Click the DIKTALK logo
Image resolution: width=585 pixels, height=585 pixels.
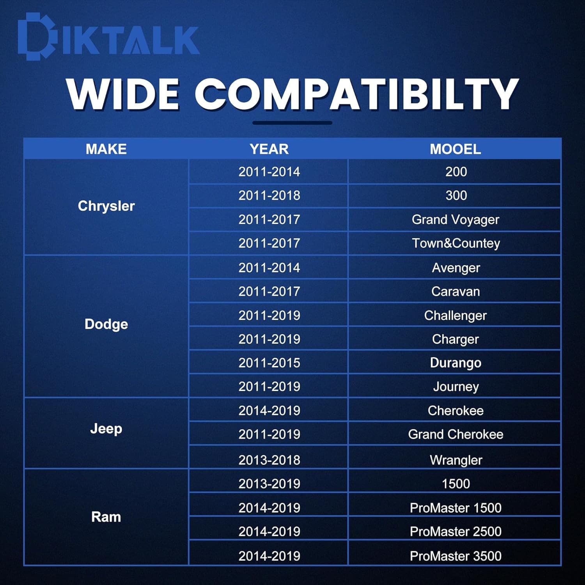[109, 37]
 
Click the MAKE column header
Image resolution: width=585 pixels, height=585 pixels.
[106, 149]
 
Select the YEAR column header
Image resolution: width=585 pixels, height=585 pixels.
[269, 149]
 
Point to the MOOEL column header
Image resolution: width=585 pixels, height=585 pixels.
[455, 149]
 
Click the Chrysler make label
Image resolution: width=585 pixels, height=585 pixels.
[106, 206]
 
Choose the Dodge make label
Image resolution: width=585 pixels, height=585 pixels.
[106, 324]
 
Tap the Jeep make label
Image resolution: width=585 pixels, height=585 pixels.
[106, 429]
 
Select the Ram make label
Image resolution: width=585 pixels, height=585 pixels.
[106, 517]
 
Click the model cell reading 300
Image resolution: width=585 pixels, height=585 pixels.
[456, 195]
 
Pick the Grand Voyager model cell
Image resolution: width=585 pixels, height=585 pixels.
[456, 220]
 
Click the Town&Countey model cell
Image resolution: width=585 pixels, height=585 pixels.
[456, 244]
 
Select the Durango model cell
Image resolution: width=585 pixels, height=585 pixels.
[456, 363]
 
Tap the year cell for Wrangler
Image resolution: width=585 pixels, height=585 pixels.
[269, 460]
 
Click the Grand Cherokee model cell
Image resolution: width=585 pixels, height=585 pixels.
[456, 434]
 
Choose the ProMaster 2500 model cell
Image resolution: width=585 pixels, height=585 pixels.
[456, 532]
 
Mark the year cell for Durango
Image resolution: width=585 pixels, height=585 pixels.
[269, 363]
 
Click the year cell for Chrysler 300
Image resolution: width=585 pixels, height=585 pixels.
[269, 195]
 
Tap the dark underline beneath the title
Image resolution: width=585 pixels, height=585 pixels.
[292, 123]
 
